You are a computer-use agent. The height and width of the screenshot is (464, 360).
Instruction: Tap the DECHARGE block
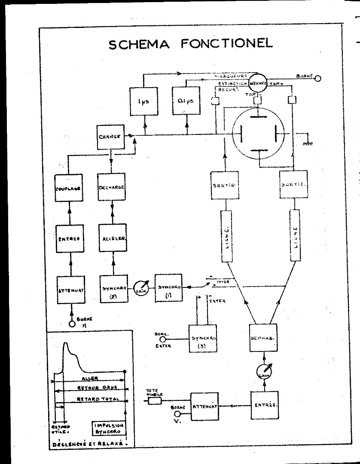pos(111,187)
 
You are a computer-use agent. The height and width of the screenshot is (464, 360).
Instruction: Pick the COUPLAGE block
pos(69,188)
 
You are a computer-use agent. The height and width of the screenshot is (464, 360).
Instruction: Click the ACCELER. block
pos(112,238)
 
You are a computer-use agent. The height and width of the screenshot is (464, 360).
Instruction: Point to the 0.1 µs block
pos(186,101)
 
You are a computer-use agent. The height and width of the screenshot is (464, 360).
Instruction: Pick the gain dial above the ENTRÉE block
pos(263,371)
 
